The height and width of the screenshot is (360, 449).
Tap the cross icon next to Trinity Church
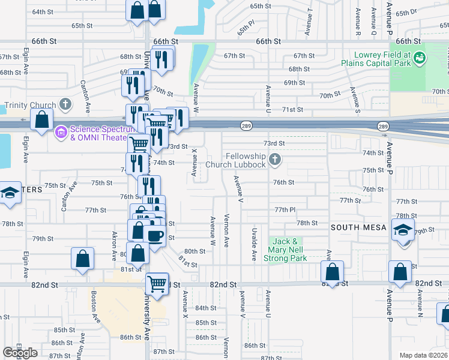tap(65, 105)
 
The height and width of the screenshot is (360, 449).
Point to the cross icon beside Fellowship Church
tap(275, 160)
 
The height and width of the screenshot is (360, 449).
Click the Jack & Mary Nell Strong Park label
tap(287, 249)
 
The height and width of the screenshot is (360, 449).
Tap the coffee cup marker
tap(155, 235)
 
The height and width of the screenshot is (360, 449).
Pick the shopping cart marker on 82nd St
tap(157, 283)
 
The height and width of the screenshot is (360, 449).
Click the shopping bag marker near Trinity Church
tap(42, 119)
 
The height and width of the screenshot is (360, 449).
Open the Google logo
tap(20, 353)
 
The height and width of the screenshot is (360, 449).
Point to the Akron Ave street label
tap(113, 246)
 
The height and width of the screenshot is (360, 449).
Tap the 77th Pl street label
tap(285, 210)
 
